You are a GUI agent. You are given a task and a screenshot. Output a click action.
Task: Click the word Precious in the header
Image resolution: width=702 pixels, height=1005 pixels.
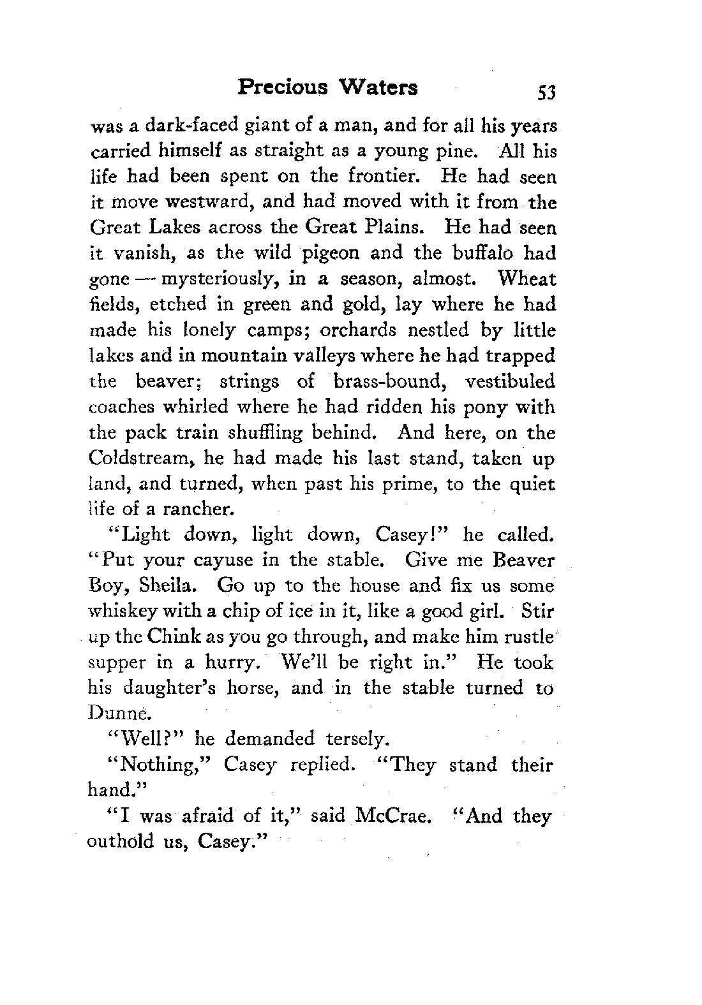(x=283, y=87)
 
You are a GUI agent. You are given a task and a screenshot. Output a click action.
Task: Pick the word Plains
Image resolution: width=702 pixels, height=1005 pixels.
(x=400, y=228)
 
